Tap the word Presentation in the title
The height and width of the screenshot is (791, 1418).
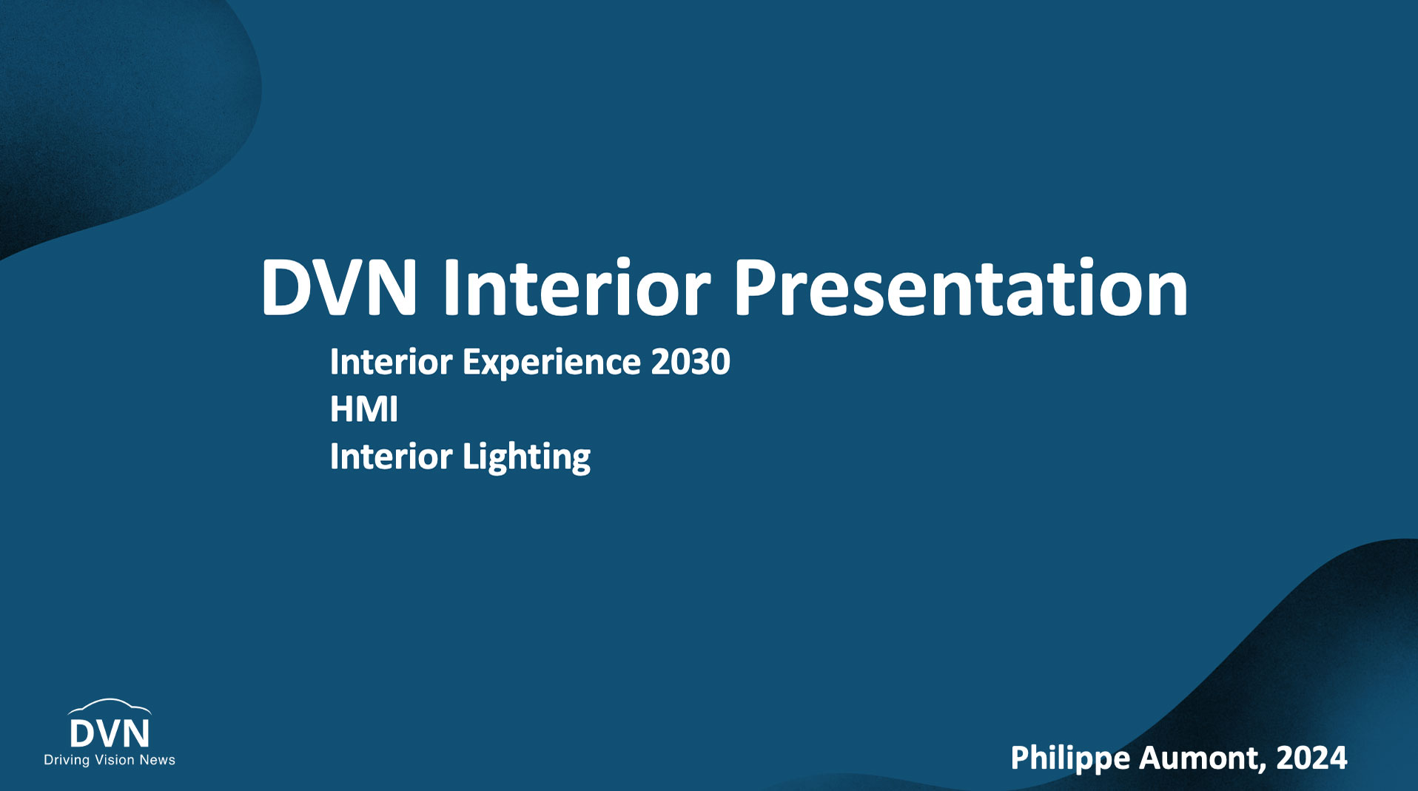tap(961, 287)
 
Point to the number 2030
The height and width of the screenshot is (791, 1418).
tap(690, 361)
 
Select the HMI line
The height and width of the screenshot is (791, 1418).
tap(363, 409)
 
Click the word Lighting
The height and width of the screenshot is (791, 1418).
tap(526, 457)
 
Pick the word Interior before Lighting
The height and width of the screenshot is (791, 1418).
tap(391, 456)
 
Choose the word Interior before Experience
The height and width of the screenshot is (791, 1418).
tap(391, 361)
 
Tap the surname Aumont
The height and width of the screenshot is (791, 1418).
tap(1202, 758)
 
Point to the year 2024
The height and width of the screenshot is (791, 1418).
tap(1311, 758)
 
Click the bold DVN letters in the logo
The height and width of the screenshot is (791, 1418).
tap(110, 733)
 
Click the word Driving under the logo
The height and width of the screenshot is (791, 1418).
tap(67, 760)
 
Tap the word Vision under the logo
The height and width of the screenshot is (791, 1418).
tap(115, 759)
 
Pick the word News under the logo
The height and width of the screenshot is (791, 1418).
tap(158, 759)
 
